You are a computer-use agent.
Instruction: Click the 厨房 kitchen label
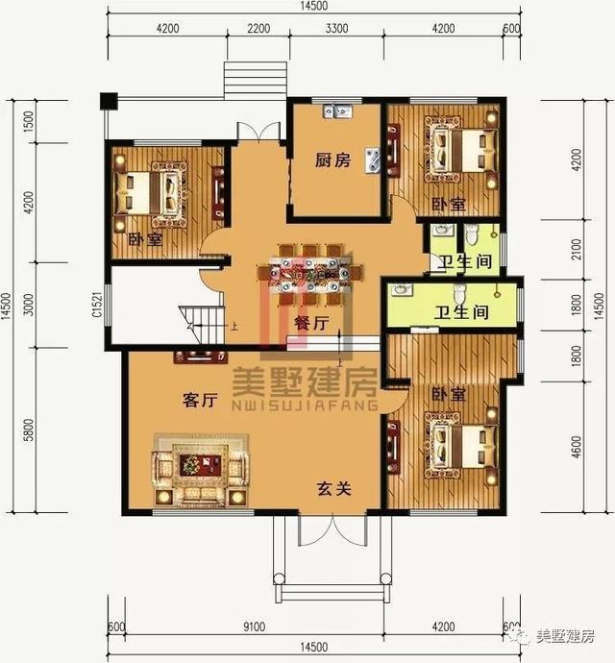[x=330, y=161]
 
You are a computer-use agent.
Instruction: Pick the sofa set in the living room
[x=200, y=468]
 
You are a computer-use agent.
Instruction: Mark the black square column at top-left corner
[x=108, y=99]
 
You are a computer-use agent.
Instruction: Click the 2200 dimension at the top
[x=258, y=28]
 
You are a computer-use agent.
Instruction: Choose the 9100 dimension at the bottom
[x=254, y=626]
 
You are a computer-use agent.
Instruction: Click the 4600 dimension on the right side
[x=578, y=447]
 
